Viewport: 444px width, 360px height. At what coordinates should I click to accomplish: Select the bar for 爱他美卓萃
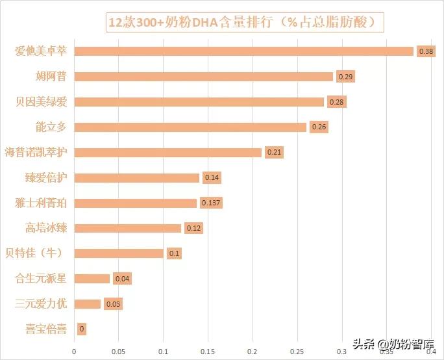[244, 51]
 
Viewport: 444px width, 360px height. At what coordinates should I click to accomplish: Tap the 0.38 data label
[426, 51]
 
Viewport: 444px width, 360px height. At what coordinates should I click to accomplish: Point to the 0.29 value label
[346, 77]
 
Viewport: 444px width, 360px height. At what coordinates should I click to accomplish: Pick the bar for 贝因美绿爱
[199, 102]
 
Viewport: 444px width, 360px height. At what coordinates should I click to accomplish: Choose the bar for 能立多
[190, 127]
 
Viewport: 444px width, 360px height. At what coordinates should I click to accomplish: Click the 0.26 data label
[319, 127]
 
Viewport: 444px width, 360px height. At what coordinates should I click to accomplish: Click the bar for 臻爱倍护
[136, 177]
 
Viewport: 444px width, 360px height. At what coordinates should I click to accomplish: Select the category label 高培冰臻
[46, 228]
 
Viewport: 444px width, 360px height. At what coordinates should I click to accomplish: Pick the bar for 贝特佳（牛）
[119, 253]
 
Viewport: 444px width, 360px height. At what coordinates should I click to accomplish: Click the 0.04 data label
[122, 279]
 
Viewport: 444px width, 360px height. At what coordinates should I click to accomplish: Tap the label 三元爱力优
[41, 304]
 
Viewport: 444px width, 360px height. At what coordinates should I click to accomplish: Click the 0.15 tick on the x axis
[207, 352]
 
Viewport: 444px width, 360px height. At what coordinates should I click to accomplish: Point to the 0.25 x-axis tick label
[297, 352]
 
